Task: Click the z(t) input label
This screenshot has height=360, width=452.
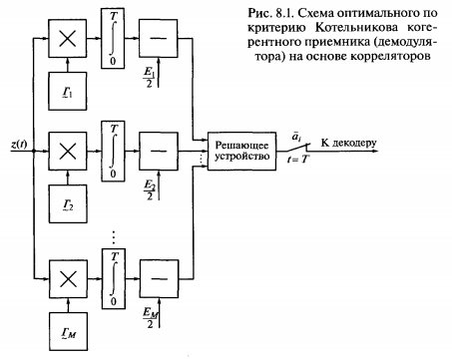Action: (x=19, y=145)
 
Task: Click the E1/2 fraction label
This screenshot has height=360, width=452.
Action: (x=149, y=78)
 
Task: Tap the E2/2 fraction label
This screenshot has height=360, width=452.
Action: (x=150, y=190)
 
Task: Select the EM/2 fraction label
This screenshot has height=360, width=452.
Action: (x=151, y=318)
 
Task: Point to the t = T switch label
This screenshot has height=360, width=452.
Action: (x=298, y=160)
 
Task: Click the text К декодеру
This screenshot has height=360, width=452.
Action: (x=349, y=144)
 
